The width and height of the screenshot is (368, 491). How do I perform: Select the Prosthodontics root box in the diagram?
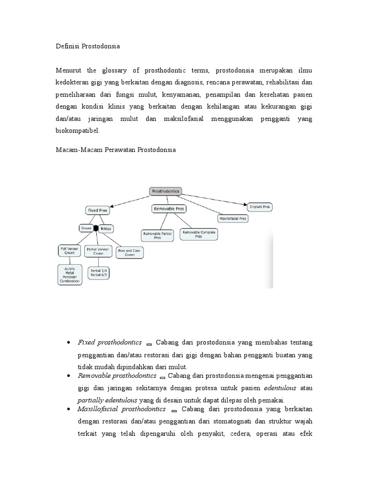coord(165,191)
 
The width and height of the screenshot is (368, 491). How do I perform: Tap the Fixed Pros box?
coord(98,210)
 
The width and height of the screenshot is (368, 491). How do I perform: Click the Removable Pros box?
coord(169,209)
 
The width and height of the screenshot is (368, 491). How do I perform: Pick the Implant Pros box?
coord(260,207)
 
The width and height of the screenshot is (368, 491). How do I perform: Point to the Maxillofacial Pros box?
coord(232,218)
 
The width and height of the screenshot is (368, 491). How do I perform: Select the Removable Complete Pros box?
coord(198,234)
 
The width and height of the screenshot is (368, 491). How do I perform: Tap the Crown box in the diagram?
coord(86,229)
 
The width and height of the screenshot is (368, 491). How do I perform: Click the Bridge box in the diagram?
coord(106,229)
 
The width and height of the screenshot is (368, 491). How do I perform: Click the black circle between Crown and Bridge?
coord(96,229)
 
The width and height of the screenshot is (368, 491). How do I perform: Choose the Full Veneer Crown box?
coord(69,251)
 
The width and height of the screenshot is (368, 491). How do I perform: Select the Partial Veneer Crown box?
coord(98,251)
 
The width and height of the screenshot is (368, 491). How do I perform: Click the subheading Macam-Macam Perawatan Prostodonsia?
coord(116,150)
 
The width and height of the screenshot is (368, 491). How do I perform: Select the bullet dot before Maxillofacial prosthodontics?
coord(69,409)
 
